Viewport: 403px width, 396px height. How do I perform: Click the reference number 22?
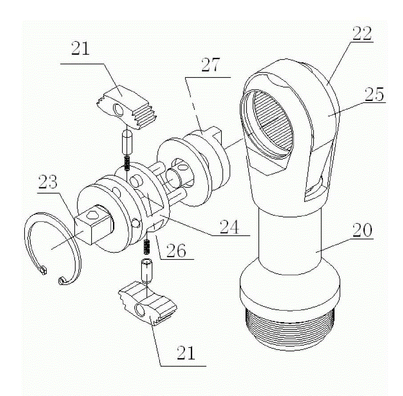click(x=362, y=33)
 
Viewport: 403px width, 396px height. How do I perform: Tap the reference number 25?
click(x=374, y=94)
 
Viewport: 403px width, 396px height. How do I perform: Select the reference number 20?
click(x=362, y=230)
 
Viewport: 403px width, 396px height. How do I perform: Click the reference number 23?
click(x=48, y=182)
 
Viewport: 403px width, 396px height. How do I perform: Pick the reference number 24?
click(x=229, y=226)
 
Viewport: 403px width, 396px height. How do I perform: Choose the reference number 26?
click(x=176, y=251)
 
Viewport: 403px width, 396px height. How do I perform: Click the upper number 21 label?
click(x=80, y=48)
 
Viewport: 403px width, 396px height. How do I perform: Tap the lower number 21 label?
click(x=186, y=353)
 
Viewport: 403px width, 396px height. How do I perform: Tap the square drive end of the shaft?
click(x=94, y=224)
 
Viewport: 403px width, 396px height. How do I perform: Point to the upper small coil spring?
click(x=127, y=164)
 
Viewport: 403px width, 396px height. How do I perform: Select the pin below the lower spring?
click(x=146, y=271)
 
